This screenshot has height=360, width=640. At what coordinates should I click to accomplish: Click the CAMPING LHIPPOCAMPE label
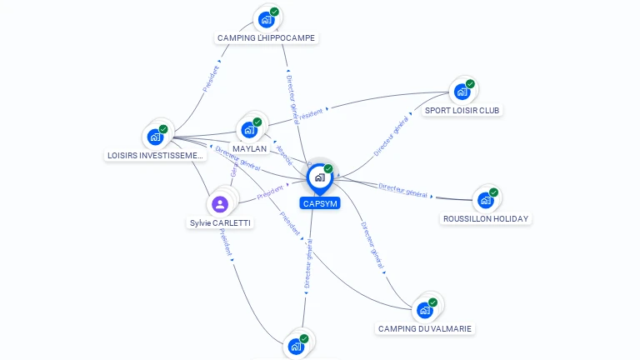[x=267, y=38]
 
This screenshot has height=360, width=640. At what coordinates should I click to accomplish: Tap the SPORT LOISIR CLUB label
[x=462, y=110]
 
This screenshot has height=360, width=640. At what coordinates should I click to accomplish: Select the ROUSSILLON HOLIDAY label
[x=486, y=219]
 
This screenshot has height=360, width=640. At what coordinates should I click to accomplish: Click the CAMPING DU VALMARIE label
[x=425, y=329]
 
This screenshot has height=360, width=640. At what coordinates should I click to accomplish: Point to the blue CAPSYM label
[x=320, y=203]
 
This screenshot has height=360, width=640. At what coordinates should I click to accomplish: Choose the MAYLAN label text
[x=250, y=149]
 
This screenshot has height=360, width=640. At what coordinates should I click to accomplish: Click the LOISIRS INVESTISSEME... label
[x=156, y=156]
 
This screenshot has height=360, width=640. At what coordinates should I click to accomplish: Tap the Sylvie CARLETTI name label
[x=220, y=223]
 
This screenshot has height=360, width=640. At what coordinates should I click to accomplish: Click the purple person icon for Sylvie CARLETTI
[x=220, y=204]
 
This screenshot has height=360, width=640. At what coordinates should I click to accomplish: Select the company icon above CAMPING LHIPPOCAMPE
[x=267, y=19]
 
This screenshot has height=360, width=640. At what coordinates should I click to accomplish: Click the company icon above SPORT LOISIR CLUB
[x=462, y=92]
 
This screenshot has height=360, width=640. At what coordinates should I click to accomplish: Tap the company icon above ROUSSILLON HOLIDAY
[x=486, y=200]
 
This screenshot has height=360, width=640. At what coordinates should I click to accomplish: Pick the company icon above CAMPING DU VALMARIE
[x=425, y=310]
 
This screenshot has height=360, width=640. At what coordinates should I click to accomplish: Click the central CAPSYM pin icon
[x=319, y=177]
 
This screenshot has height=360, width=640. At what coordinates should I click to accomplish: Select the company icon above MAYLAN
[x=249, y=130]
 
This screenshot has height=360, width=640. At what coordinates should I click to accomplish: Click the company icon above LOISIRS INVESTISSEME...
[x=156, y=137]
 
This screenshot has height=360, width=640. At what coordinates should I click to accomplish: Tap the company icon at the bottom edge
[x=296, y=346]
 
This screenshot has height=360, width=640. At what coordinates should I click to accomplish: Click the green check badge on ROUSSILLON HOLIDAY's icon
[x=493, y=192]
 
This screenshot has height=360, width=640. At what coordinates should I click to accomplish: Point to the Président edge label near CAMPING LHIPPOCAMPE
[x=210, y=78]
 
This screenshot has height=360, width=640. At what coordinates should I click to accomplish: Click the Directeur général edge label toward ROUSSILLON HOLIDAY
[x=403, y=191]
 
